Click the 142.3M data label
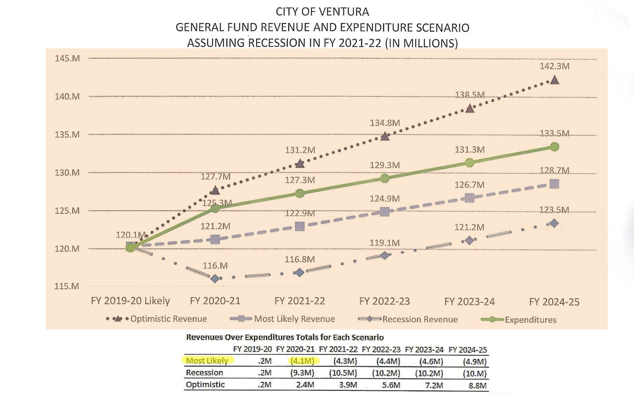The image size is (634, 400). tap(554, 66)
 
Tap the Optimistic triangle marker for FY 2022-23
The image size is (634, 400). tap(385, 136)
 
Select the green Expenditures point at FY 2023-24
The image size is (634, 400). tap(469, 162)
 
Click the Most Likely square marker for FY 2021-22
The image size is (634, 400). tap(300, 226)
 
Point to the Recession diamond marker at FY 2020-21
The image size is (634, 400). tap(215, 279)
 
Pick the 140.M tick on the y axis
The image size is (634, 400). tap(67, 96)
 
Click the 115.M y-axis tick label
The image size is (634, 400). tap(67, 286)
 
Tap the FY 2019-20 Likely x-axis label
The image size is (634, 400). tap(130, 301)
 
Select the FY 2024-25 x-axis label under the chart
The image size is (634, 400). tap(554, 302)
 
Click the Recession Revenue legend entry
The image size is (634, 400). tap(419, 319)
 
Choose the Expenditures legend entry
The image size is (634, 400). tap(530, 320)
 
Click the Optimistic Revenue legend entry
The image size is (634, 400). tap(168, 319)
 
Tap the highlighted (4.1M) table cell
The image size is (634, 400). tap(302, 361)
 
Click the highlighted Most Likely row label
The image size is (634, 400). tap(207, 361)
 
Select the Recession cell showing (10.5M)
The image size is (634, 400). tap(343, 373)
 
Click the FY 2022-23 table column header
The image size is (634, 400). tap(381, 350)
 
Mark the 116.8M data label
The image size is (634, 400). tap(300, 259)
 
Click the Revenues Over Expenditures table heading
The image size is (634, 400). tap(285, 337)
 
